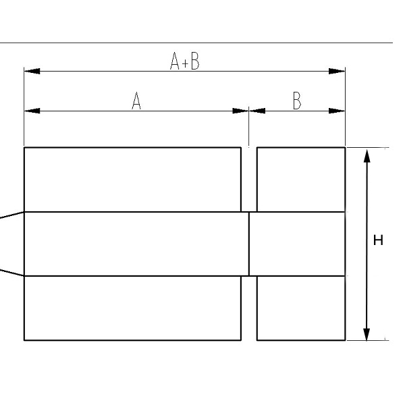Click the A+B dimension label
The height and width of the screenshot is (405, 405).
185,61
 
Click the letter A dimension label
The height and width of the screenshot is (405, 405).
136,101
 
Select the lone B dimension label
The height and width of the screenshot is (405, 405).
297,101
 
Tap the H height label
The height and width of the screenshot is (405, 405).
378,240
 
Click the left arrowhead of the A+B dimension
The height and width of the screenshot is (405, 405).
32,72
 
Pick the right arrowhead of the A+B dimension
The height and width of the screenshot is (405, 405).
337,72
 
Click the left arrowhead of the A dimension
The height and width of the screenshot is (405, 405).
32,111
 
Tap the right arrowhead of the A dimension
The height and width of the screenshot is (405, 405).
240,111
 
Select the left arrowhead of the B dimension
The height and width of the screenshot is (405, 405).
257,111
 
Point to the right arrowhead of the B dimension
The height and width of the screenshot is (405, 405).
337,111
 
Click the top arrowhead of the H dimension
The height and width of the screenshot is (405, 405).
367,156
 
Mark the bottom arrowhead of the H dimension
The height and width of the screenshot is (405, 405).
367,334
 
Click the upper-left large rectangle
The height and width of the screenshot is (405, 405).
132,180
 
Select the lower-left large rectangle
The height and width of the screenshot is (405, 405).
132,308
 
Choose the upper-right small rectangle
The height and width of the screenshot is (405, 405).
301,180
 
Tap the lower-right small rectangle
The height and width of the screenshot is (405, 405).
301,308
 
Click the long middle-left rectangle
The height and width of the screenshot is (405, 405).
136,244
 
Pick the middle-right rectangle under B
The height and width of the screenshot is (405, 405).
297,244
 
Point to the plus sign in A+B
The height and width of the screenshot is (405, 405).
185,63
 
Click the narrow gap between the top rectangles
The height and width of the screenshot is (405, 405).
249,180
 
